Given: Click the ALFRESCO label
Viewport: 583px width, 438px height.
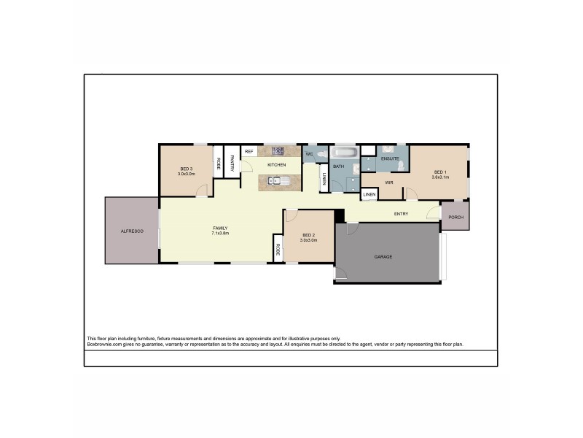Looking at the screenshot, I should click(132, 231).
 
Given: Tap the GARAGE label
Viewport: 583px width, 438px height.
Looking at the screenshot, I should click(383, 257).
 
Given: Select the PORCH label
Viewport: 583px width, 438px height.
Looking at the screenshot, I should click(455, 218).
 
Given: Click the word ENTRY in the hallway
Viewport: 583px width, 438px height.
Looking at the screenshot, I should click(401, 214).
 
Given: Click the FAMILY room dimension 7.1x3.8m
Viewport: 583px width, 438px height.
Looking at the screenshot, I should click(220, 234).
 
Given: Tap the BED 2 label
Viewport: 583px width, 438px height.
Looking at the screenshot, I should click(309, 235).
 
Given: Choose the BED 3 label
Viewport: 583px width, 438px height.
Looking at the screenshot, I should click(186, 170).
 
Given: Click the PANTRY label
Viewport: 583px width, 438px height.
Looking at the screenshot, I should click(232, 164).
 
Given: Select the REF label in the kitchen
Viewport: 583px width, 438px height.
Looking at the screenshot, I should click(249, 152).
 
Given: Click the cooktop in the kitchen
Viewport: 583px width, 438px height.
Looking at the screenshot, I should click(278, 151).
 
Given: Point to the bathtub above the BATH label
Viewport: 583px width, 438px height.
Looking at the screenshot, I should click(345, 153).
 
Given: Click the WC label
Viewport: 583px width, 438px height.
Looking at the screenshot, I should click(309, 155).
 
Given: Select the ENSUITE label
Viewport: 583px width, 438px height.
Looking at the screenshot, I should click(389, 158).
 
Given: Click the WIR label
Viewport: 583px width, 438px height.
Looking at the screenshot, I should click(389, 182).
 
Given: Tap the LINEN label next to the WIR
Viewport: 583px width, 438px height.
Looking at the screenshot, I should click(369, 195).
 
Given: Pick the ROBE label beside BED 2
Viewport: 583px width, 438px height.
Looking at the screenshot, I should click(278, 249).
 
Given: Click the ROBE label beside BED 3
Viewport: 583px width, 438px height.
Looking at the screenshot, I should click(218, 164).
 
